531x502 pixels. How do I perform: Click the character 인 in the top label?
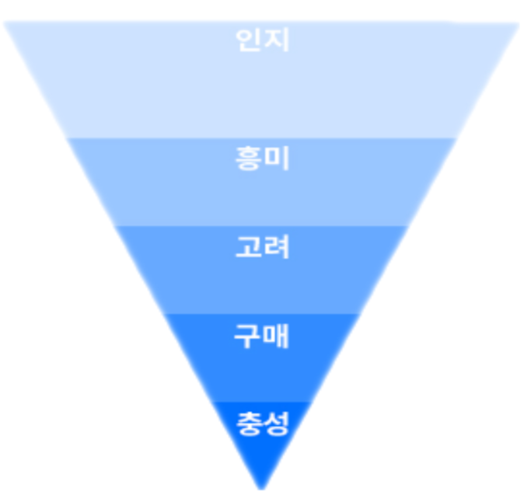click(249, 40)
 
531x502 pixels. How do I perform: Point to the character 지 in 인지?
click(276, 40)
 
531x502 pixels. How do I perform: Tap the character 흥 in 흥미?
click(249, 158)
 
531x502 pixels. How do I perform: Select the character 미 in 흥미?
click(276, 158)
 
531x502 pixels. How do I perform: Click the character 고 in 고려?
click(249, 247)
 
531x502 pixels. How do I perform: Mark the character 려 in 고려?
click(276, 247)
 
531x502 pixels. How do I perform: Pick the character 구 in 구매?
click(248, 336)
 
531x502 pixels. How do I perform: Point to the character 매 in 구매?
click(276, 336)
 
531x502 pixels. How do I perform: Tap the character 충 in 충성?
click(249, 424)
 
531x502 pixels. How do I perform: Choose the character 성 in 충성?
click(276, 424)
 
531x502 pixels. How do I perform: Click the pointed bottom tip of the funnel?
click(261, 489)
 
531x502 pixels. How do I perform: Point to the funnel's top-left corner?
click(3, 22)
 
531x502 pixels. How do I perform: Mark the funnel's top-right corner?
click(519, 23)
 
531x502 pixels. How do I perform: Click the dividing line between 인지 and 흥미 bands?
click(261, 138)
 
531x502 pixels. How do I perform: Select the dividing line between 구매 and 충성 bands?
click(261, 402)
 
